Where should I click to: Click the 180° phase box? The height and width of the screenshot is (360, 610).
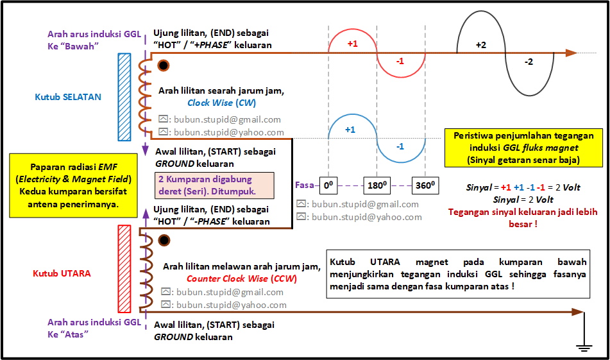point(377,185)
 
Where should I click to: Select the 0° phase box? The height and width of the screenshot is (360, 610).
point(328,185)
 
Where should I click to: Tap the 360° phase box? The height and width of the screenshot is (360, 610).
point(425,185)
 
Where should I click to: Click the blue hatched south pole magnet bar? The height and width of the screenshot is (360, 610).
point(124,97)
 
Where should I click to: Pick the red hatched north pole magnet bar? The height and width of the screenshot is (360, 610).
point(124,269)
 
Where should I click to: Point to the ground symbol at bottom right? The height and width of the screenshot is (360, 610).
point(584,347)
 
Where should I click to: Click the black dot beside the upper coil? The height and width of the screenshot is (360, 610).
point(164,65)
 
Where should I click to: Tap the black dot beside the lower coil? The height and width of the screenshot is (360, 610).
point(164,241)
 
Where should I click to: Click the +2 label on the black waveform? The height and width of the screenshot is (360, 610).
point(481,45)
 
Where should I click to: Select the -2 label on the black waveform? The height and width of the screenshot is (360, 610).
point(529,62)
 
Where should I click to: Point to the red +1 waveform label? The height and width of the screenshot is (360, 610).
point(352,44)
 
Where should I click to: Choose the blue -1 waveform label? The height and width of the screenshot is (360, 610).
point(400,146)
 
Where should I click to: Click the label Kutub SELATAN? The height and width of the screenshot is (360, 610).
point(68,97)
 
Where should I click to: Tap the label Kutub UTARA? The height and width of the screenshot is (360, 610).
point(62,273)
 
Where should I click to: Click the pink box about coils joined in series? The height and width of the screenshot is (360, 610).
point(214,185)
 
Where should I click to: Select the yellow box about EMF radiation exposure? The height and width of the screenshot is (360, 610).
point(74,185)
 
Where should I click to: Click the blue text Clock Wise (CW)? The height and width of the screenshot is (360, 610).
point(222,103)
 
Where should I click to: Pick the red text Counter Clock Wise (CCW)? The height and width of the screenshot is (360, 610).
point(242,279)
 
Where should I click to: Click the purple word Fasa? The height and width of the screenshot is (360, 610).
point(305,185)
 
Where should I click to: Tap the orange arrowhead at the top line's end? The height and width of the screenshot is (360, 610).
point(572,53)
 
